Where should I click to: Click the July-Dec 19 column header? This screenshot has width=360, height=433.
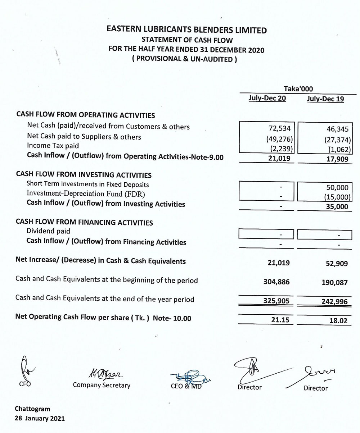325,99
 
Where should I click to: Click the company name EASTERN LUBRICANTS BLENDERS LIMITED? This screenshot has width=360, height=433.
187,30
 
